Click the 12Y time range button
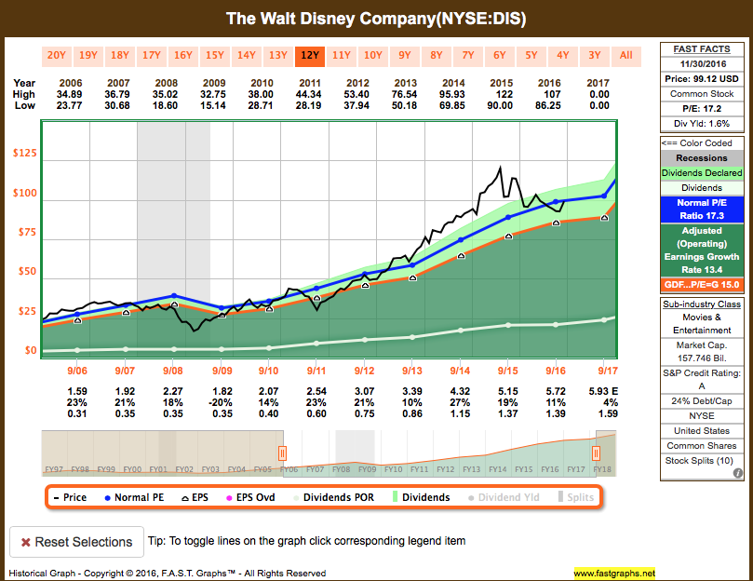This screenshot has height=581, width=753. click(x=310, y=55)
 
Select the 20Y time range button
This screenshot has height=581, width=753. click(x=57, y=55)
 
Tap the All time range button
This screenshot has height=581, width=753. click(x=626, y=55)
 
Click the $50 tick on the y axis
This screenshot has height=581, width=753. click(x=27, y=272)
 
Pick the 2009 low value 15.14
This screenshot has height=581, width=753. click(x=215, y=105)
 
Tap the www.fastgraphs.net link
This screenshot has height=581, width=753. click(x=614, y=574)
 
